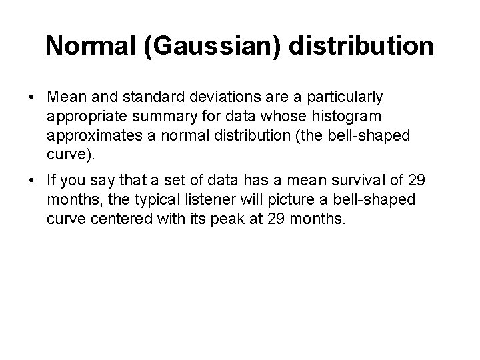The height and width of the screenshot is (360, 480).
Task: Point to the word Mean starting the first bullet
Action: coord(65,97)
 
